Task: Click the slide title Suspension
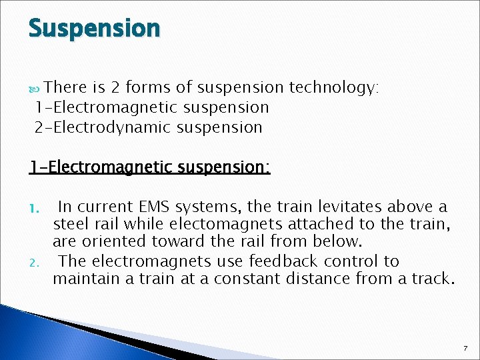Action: pyautogui.click(x=94, y=29)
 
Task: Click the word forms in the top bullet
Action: pyautogui.click(x=148, y=87)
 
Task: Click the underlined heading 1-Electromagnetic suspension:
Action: pyautogui.click(x=149, y=167)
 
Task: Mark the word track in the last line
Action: pyautogui.click(x=431, y=279)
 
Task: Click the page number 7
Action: pyautogui.click(x=465, y=349)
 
